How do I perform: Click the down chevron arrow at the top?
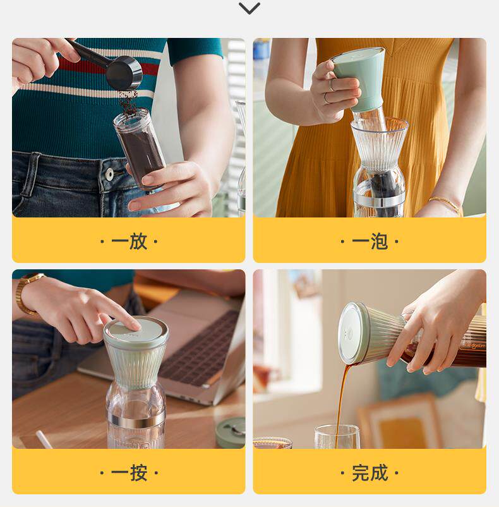pos(249,8)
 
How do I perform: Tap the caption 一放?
pos(129,241)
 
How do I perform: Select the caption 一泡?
pos(370,241)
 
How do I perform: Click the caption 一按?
pos(129,473)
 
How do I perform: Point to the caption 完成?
pos(370,473)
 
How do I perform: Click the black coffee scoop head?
pos(125,73)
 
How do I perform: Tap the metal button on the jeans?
pos(110,174)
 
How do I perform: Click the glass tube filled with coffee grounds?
pos(140,149)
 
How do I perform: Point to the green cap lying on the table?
pos(231,432)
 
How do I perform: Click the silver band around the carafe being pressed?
pos(136,421)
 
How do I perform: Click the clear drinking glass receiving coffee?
pos(337,436)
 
